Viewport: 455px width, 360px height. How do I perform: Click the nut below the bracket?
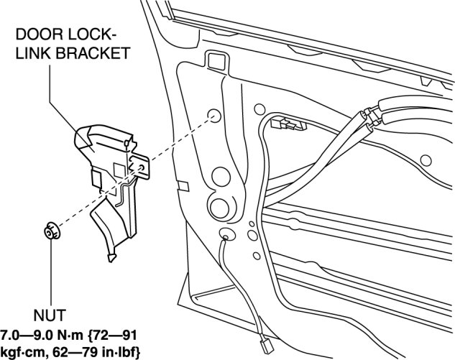(50, 232)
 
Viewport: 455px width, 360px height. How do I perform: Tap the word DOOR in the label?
(35, 34)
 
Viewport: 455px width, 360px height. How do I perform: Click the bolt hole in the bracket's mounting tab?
(142, 167)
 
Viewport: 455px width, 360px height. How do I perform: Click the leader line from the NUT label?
(51, 273)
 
